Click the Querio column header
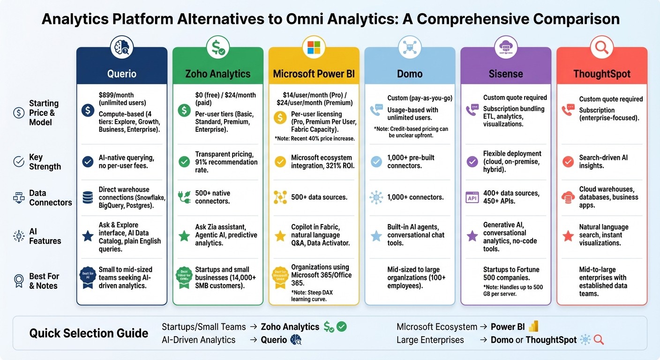[x=122, y=74]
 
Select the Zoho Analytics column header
[x=217, y=74]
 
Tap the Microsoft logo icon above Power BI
[x=314, y=47]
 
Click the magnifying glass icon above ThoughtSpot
[x=601, y=47]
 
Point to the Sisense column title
[x=506, y=74]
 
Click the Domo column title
[x=410, y=74]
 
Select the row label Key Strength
[x=45, y=162]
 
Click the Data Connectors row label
[x=50, y=198]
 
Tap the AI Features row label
[x=45, y=236]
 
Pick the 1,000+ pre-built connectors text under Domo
[x=411, y=162]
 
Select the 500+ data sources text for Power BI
[x=319, y=197]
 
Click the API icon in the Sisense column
[x=472, y=197]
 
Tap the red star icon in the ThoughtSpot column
[x=568, y=236]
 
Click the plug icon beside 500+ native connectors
[x=184, y=197]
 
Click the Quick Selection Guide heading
[x=89, y=333]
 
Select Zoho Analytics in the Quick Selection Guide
[x=290, y=327]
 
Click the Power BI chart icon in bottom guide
[x=533, y=327]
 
